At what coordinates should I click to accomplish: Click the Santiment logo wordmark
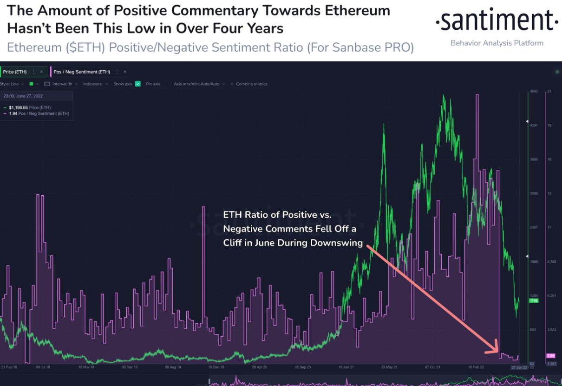(x=497, y=21)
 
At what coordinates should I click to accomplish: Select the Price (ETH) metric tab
(x=15, y=72)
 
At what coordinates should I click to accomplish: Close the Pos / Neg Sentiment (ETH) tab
(x=125, y=72)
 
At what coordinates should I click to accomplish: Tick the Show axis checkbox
(x=137, y=84)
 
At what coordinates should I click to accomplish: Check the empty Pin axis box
(x=165, y=84)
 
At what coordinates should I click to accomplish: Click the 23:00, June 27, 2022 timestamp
(x=23, y=96)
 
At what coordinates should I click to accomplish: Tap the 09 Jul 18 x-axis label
(x=44, y=367)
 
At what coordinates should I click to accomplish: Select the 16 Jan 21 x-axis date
(x=346, y=367)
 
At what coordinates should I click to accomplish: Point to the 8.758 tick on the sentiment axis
(x=551, y=262)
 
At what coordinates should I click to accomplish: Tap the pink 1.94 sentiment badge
(x=551, y=356)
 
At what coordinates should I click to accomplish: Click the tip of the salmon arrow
(x=497, y=352)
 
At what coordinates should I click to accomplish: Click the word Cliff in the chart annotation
(x=235, y=243)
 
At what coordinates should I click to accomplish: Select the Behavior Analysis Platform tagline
(x=497, y=43)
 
